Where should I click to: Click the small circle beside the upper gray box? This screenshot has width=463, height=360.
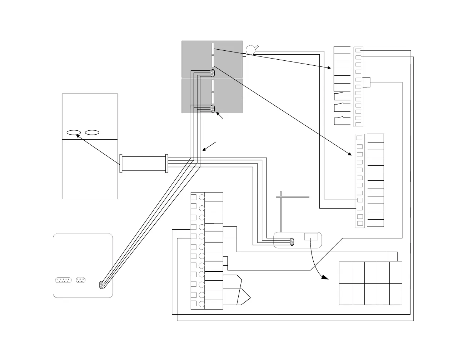point(251,49)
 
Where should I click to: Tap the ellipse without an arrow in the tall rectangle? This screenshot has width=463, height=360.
point(92,132)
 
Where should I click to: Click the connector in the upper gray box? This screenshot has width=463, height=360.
point(213,73)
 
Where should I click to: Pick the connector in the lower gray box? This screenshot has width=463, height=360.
point(213,109)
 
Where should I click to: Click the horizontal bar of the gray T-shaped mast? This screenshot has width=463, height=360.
point(293,196)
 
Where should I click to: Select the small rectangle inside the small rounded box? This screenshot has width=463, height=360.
point(311,236)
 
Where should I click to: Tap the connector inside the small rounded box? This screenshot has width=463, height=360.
point(292,241)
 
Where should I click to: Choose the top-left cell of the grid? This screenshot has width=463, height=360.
point(345,272)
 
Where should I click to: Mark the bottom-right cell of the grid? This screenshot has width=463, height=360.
point(395,294)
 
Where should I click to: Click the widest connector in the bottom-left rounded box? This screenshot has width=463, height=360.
point(63,280)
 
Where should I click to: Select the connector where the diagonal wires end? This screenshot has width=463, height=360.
point(101,285)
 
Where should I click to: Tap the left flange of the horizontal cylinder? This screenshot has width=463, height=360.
point(121,164)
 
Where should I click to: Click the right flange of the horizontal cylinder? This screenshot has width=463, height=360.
point(167,164)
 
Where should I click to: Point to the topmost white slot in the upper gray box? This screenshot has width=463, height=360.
point(213,49)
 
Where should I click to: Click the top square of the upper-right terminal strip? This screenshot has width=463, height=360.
point(358,50)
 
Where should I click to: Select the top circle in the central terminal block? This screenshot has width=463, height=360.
point(202,197)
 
